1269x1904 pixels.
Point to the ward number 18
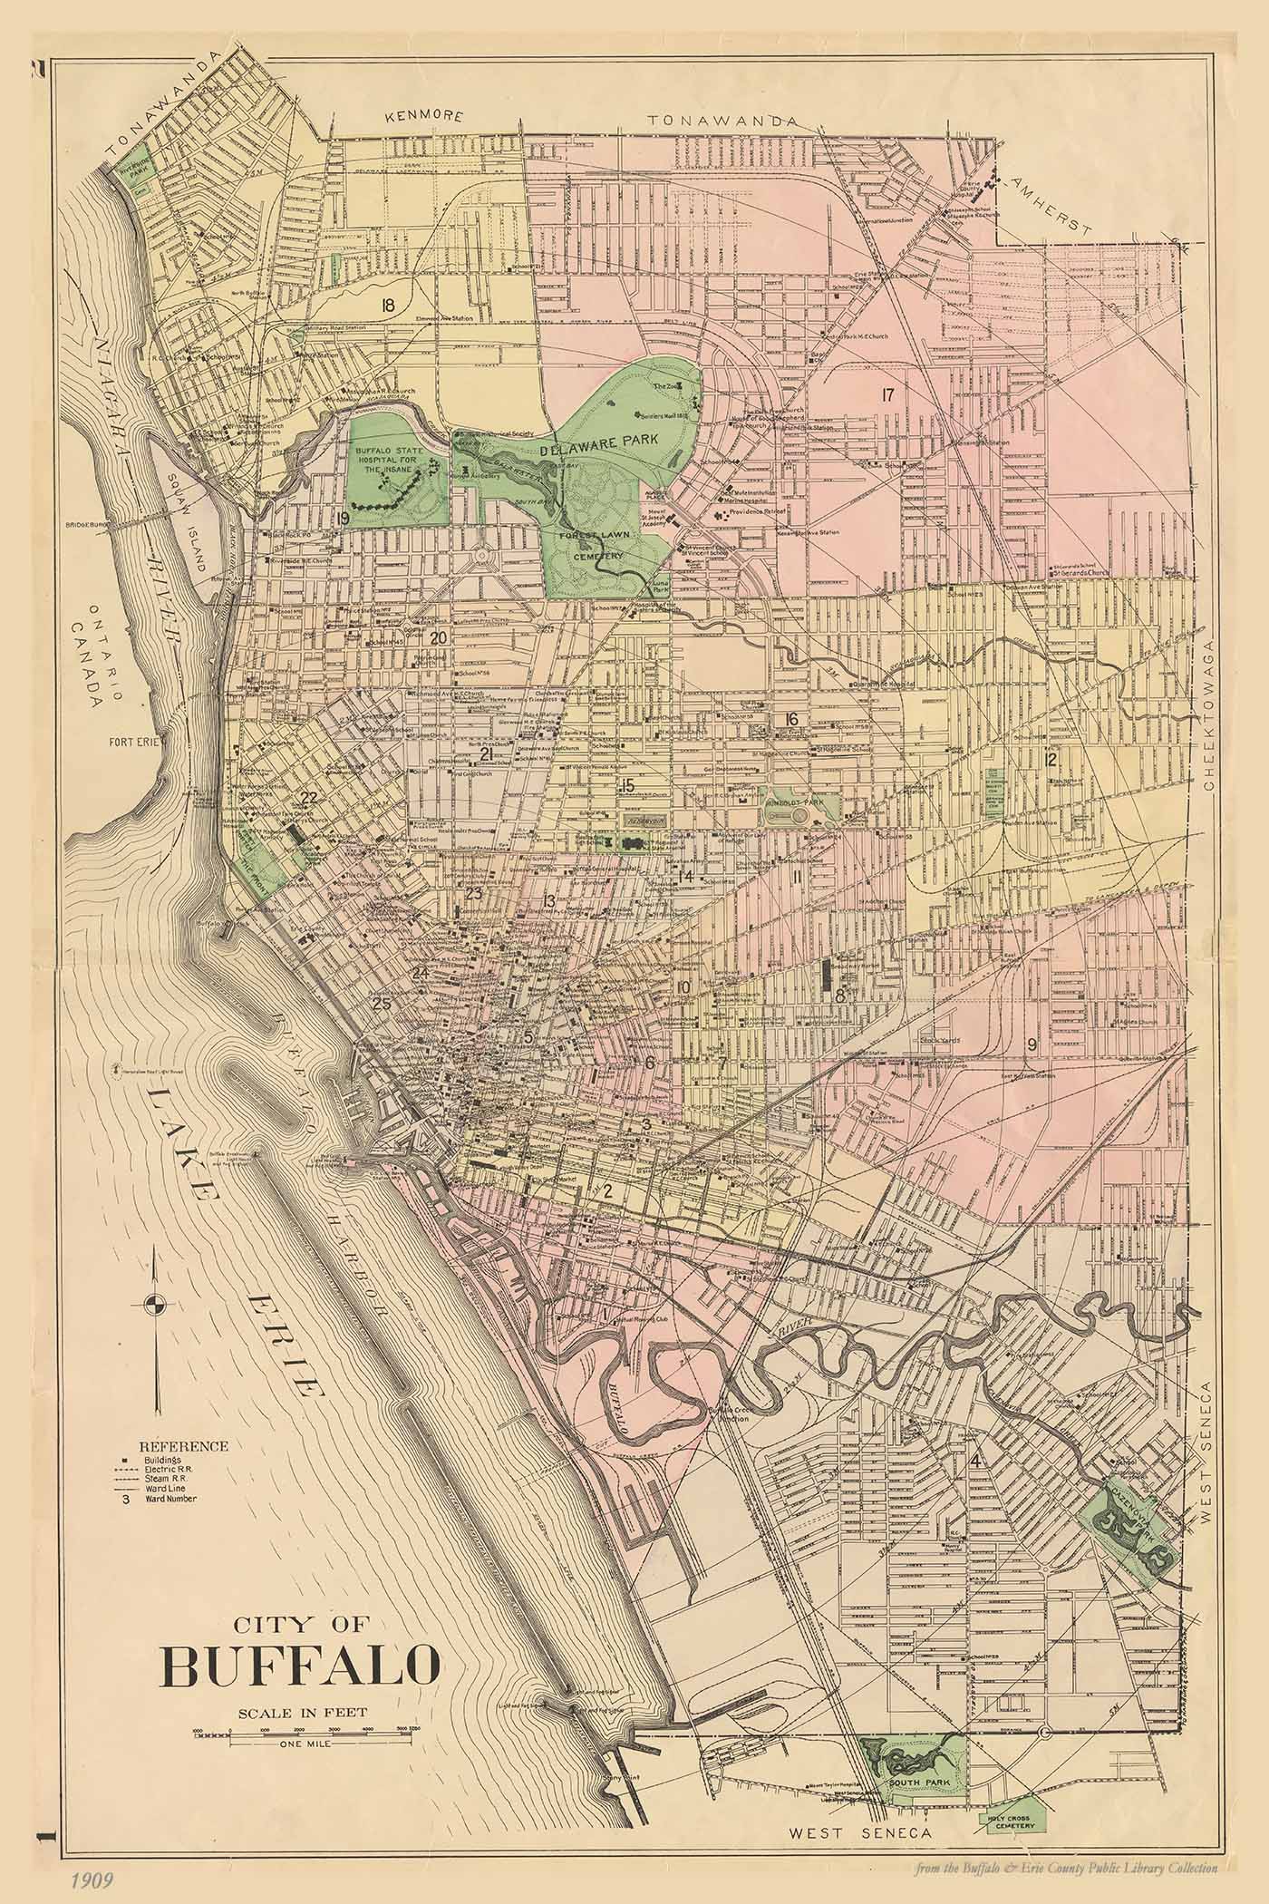pos(389,305)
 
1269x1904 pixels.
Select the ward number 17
pos(886,393)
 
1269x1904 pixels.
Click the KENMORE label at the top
pos(423,117)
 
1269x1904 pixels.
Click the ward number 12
pos(1051,759)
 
